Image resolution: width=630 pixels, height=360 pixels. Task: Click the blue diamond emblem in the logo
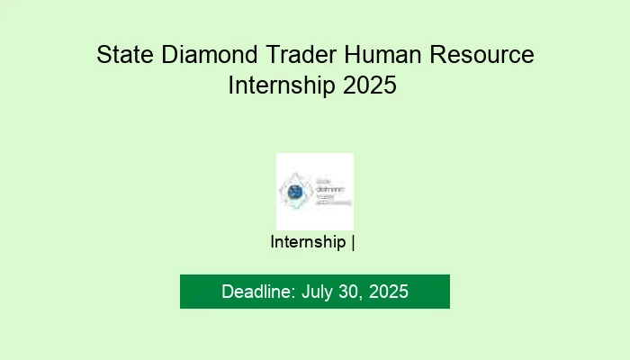[x=294, y=191]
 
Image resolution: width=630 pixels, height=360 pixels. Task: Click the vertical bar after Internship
[x=354, y=242]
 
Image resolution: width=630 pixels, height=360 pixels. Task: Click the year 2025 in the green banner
[x=388, y=292]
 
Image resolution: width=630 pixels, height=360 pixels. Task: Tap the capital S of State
[x=103, y=56]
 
